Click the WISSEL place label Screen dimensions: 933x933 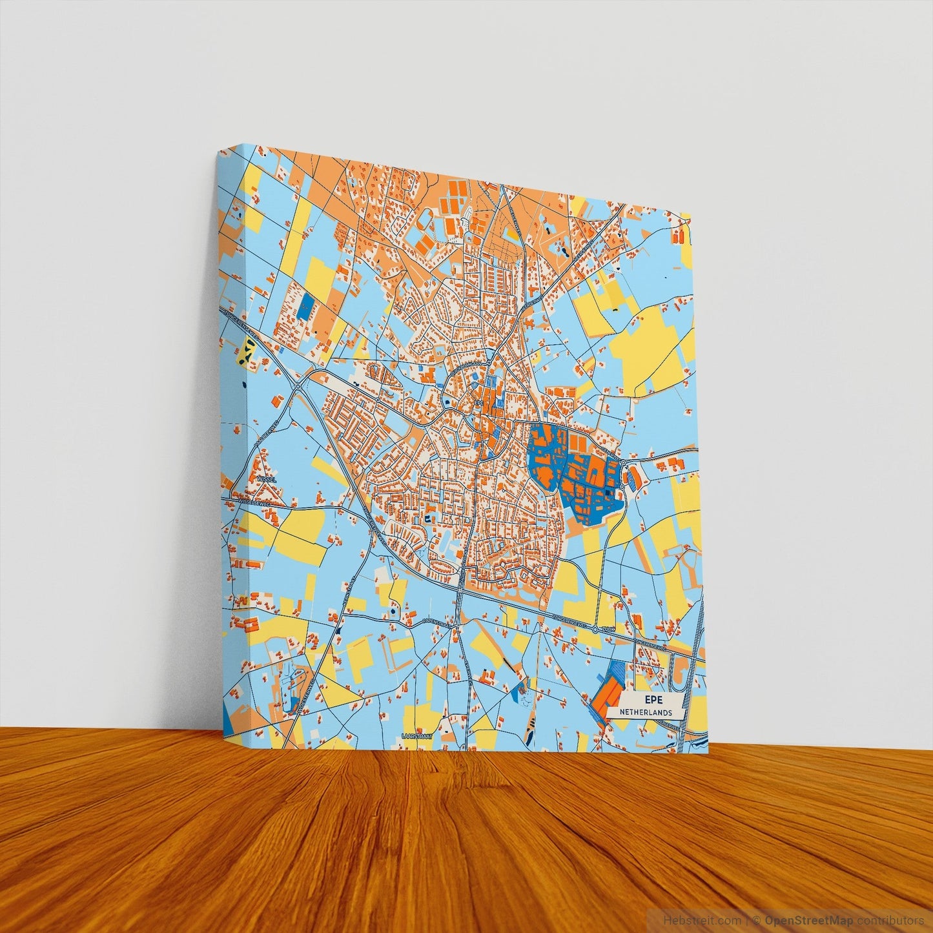[266, 480]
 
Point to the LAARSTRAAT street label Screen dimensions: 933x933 [416, 735]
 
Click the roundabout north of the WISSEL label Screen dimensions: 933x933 [300, 386]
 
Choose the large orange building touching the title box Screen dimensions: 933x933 [607, 701]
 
